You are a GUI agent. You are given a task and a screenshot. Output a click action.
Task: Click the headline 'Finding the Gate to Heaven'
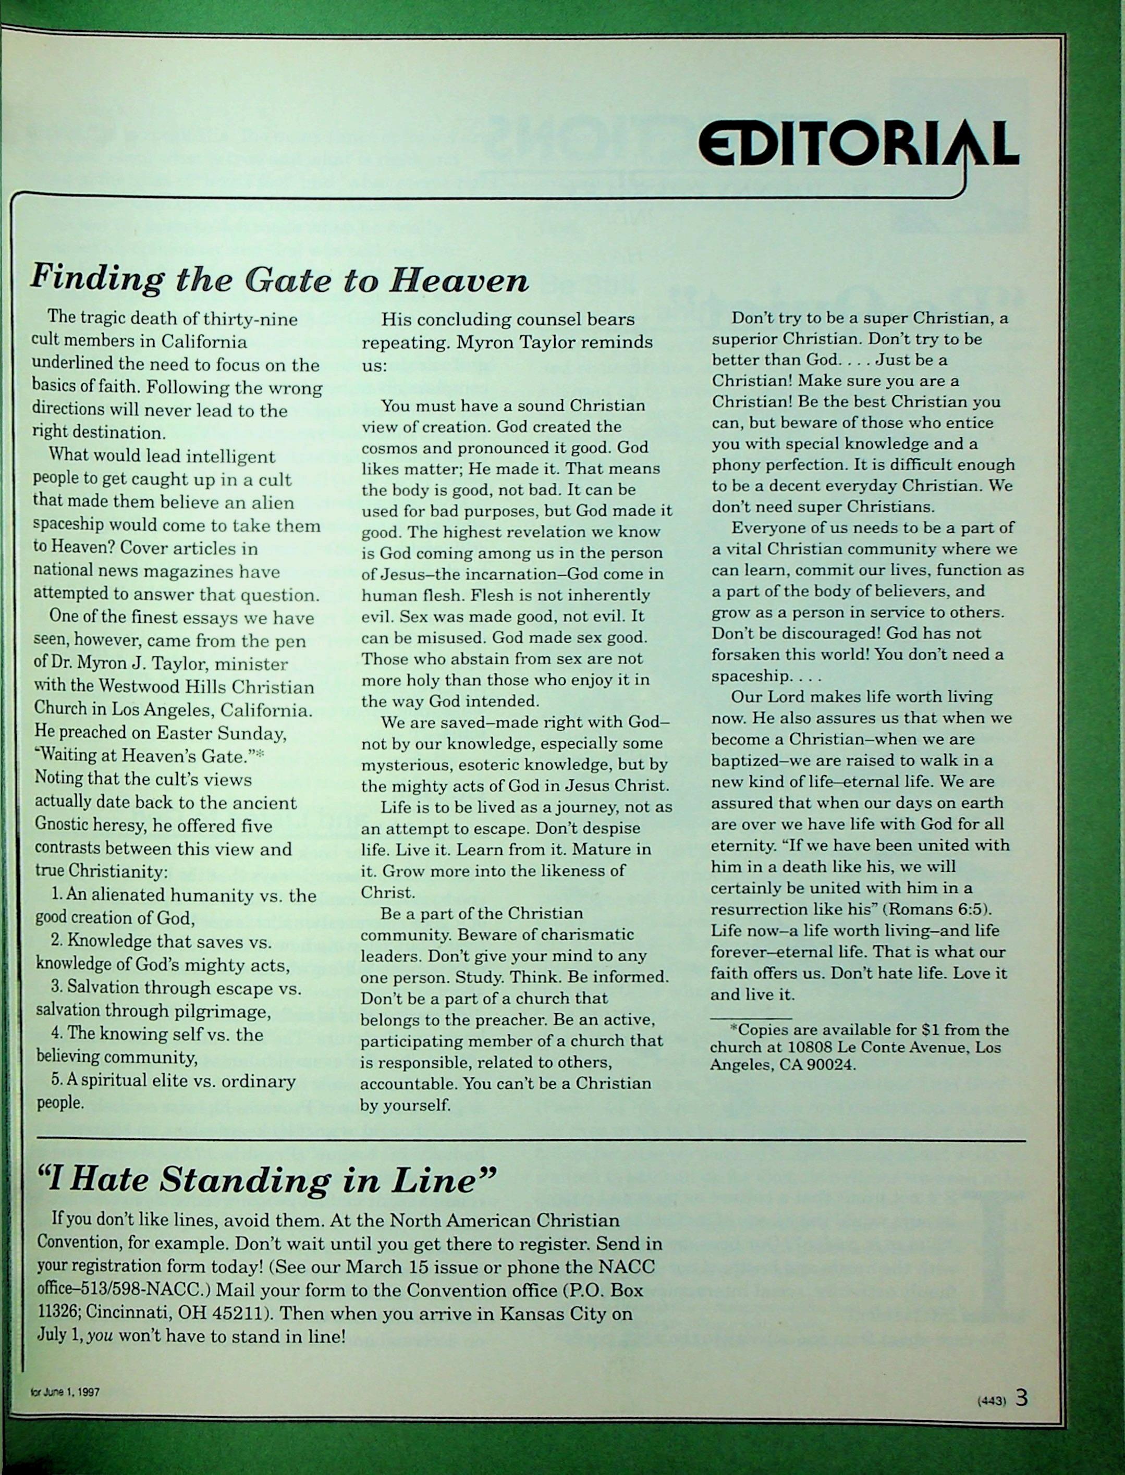(x=279, y=279)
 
